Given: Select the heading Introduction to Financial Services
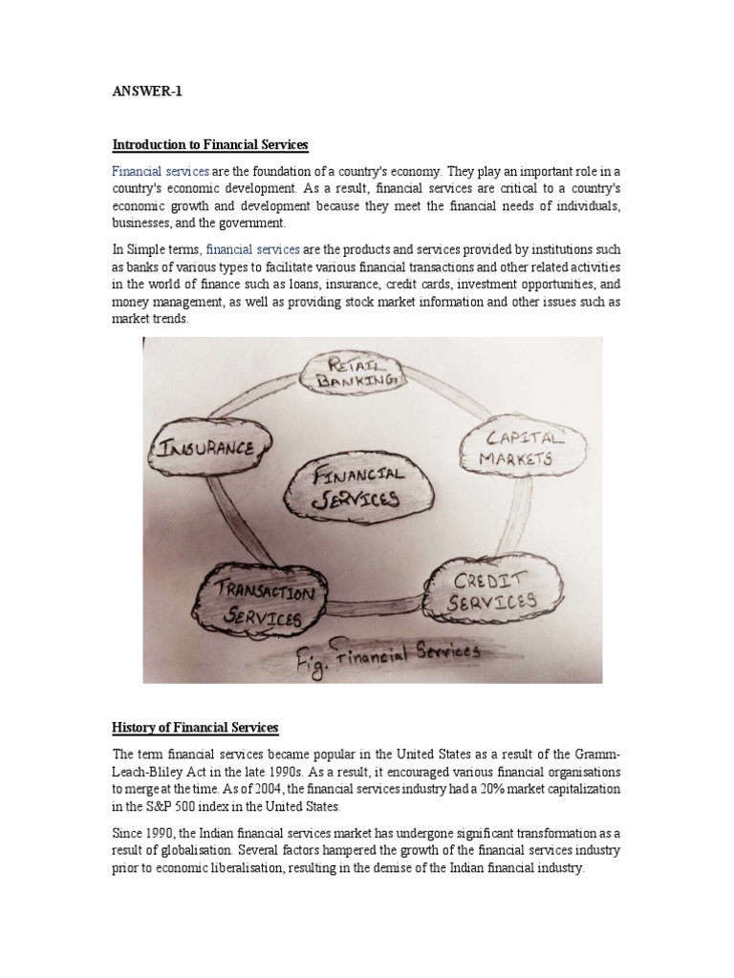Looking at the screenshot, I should click(x=211, y=145).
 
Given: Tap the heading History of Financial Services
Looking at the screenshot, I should click(x=195, y=728).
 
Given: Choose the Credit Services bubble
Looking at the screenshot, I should click(x=494, y=590).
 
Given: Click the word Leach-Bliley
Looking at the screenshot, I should click(x=151, y=771).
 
